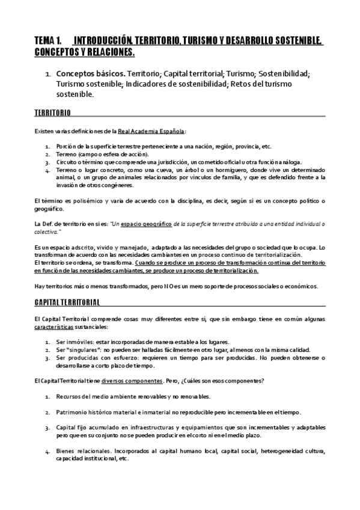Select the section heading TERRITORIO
(52, 112)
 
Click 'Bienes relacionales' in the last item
(84, 450)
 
